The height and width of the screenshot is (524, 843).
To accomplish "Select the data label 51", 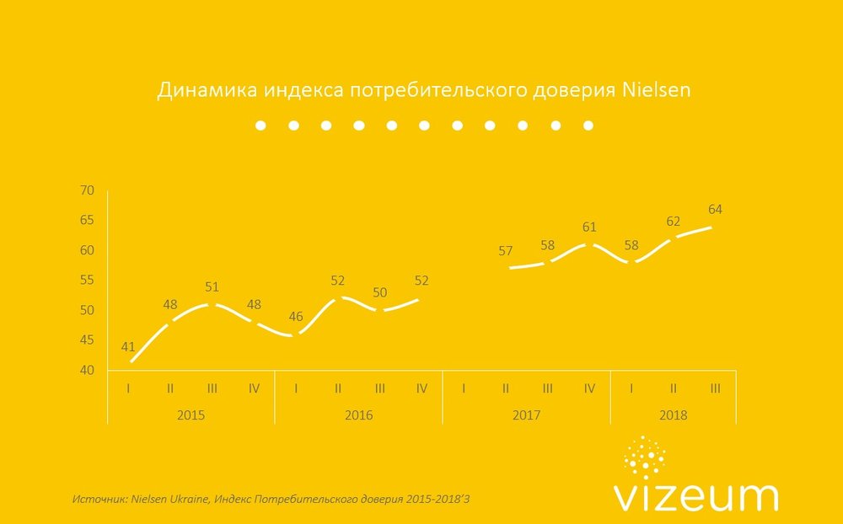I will click(x=212, y=287).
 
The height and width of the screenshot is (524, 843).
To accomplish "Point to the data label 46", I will click(x=296, y=318).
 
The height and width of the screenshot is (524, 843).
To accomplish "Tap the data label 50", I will click(x=380, y=292).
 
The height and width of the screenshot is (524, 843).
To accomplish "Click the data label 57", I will click(x=506, y=250).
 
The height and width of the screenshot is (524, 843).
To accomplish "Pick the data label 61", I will click(x=590, y=227).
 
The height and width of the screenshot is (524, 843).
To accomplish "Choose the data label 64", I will click(x=716, y=209).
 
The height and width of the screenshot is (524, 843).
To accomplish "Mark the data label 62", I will click(x=674, y=222).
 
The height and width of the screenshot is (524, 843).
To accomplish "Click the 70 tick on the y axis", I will click(x=87, y=190).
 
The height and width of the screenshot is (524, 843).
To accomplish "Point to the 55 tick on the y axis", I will click(x=87, y=280).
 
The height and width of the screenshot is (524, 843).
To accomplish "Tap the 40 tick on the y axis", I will click(x=87, y=370).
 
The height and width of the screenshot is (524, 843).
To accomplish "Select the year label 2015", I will click(x=191, y=414).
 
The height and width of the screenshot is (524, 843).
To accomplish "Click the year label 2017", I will click(x=526, y=414).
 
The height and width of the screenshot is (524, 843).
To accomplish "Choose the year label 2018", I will click(x=674, y=414).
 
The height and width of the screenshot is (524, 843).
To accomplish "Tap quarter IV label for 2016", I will click(x=422, y=388).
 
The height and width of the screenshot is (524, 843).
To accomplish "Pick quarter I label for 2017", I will click(x=464, y=388).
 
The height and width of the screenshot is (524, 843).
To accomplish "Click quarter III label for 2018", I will click(x=716, y=388).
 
